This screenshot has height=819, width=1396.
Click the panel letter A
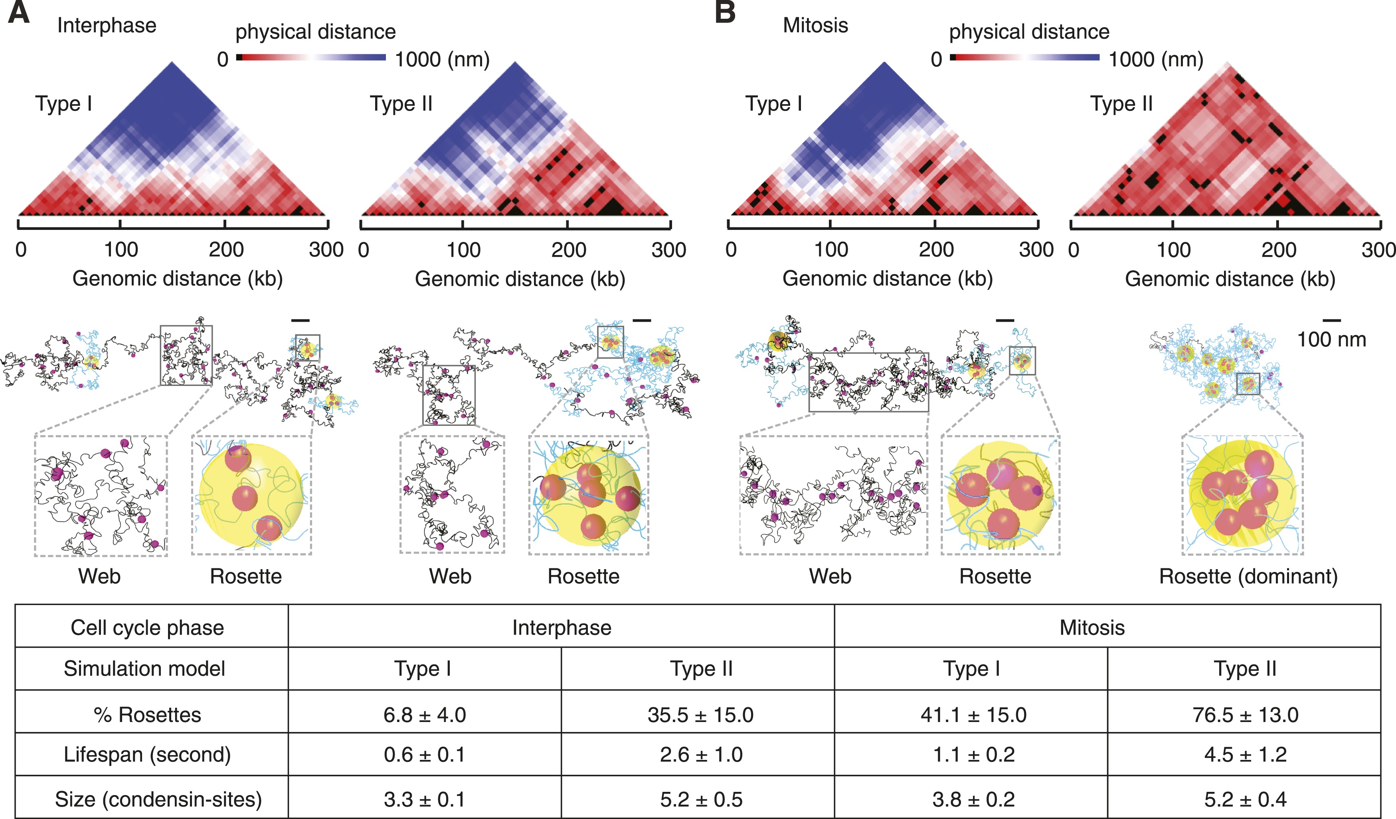tap(19, 12)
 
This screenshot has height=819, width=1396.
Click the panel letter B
tap(725, 12)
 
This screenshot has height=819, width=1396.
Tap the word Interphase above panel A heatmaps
tap(107, 26)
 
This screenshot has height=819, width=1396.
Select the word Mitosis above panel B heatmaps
tap(815, 26)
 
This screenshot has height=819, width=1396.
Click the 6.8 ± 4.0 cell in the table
tap(424, 715)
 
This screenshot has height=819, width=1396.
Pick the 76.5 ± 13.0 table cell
tap(1245, 715)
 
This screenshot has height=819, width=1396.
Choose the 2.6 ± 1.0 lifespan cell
tap(701, 755)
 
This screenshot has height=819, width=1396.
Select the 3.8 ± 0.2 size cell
tap(973, 799)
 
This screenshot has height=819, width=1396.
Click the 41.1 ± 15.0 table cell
tap(973, 715)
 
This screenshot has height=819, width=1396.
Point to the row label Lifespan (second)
tap(147, 755)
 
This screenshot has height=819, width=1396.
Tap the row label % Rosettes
tap(147, 715)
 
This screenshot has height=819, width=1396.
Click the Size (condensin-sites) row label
tap(158, 799)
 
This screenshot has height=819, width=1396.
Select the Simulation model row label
tap(144, 669)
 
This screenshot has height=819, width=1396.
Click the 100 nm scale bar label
tap(1331, 339)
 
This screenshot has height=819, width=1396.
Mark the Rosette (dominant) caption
tap(1248, 576)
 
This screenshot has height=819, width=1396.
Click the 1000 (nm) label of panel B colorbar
tap(1156, 59)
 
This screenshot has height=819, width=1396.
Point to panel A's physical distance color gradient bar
tap(311, 57)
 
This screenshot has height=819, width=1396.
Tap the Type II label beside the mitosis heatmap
tap(1121, 104)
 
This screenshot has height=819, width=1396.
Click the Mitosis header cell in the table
tap(1092, 628)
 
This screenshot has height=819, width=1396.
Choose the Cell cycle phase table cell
tap(147, 628)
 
